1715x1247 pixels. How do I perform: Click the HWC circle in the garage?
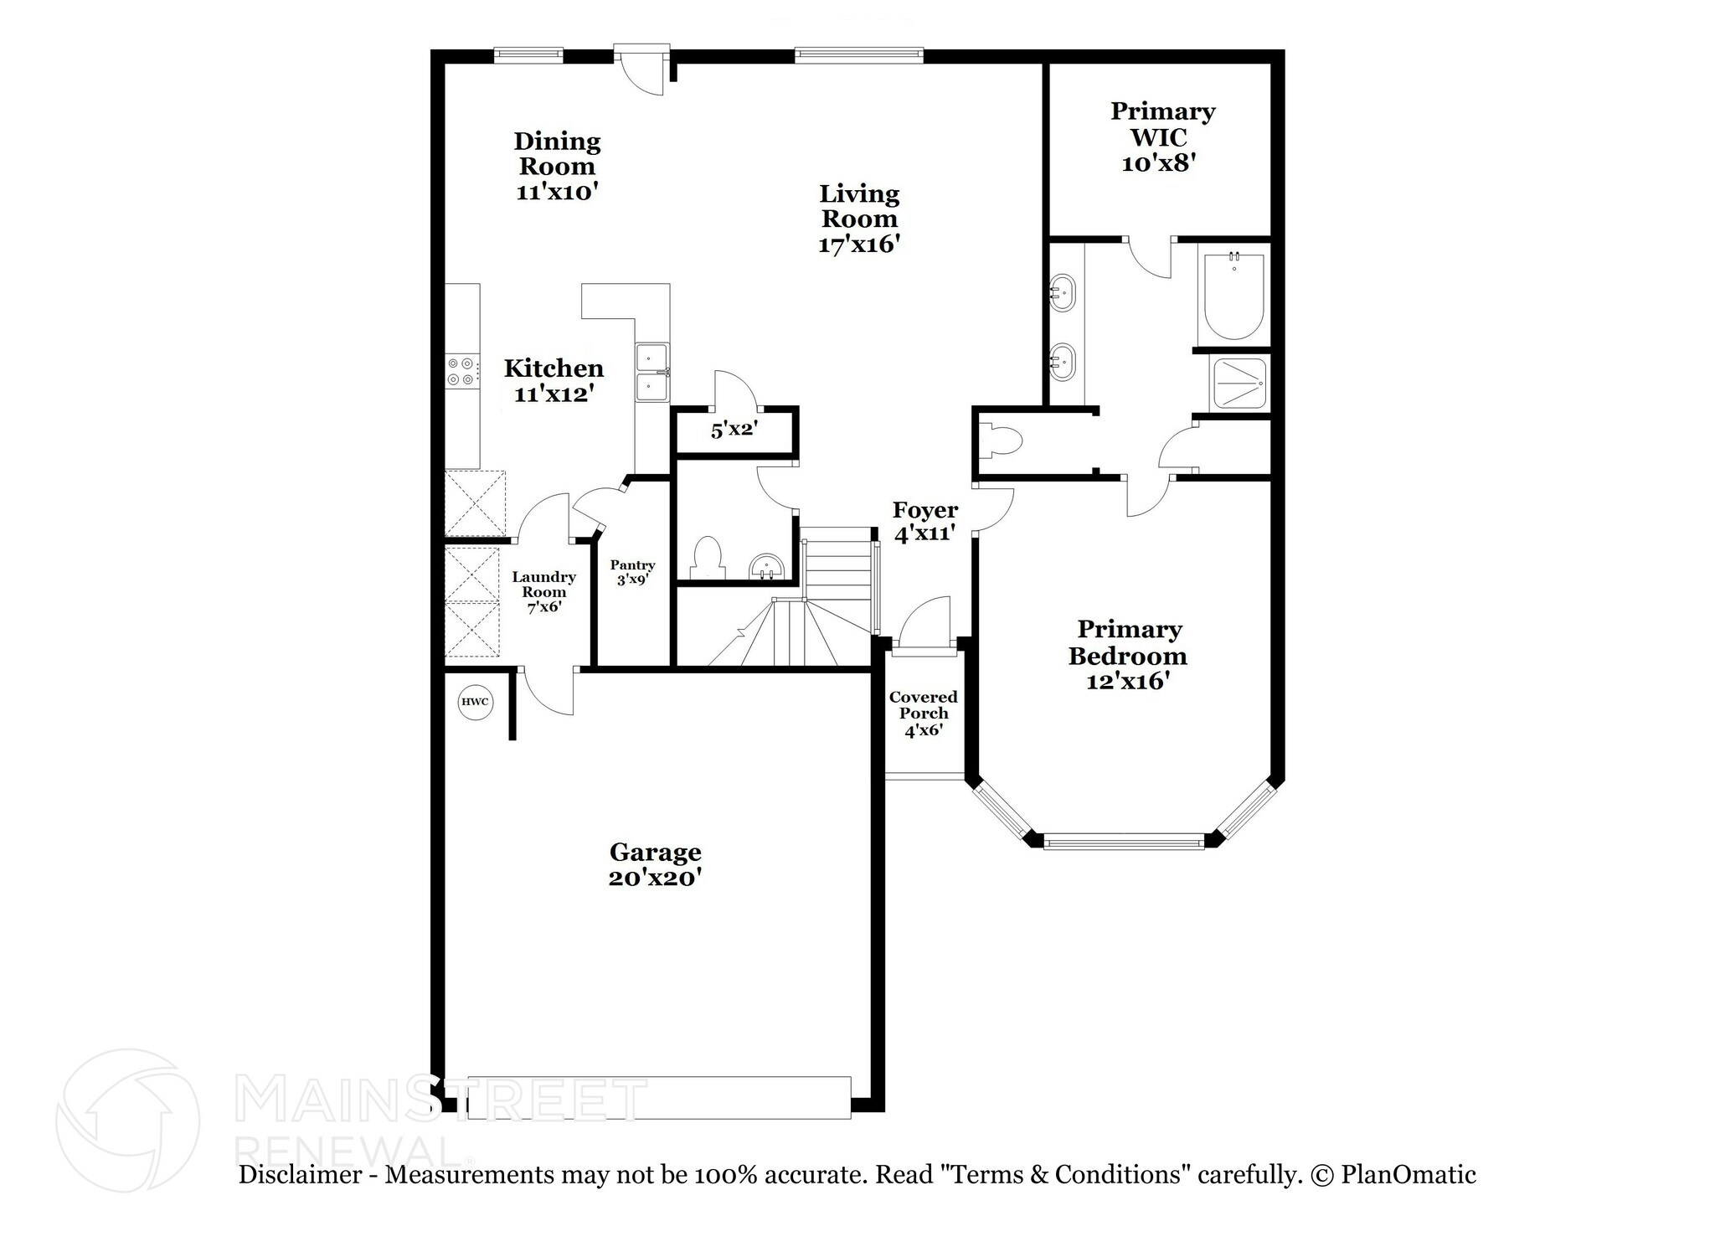pos(475,702)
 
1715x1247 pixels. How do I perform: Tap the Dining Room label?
pos(557,153)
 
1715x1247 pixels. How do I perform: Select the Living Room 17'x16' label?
pos(859,219)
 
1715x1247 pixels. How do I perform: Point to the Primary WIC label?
pos(1162,124)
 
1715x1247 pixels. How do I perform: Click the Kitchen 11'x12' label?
pos(554,380)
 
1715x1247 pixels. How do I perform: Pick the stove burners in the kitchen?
pos(461,371)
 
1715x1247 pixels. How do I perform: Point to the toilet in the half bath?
pos(708,556)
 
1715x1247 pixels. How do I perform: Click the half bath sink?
pos(766,566)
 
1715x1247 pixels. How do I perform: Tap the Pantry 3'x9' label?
pos(632,572)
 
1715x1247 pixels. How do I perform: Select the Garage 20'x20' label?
pos(655,864)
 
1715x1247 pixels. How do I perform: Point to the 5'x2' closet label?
pos(734,430)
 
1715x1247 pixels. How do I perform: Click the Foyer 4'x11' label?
pos(925,521)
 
